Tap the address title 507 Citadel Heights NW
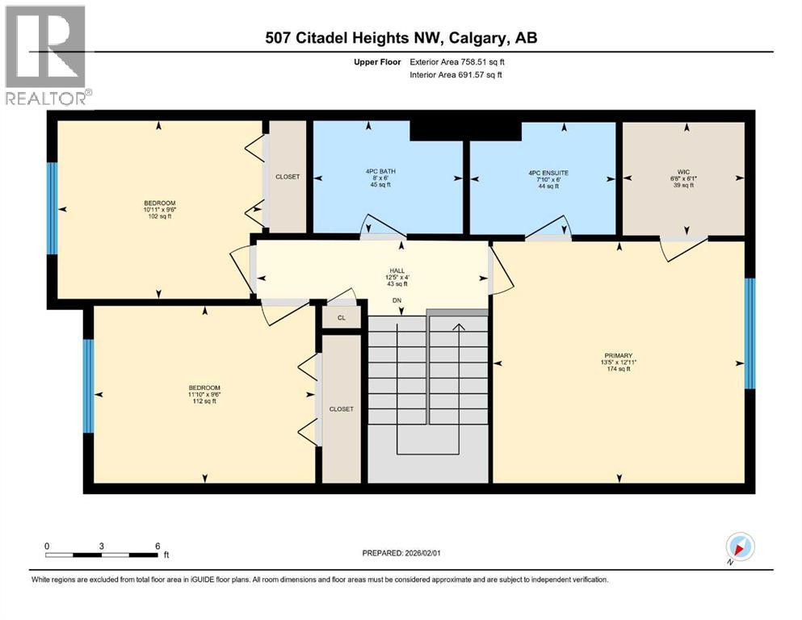pos(401,37)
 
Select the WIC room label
pos(686,171)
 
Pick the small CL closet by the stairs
pos(341,318)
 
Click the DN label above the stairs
pos(397,300)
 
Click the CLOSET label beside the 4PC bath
pos(288,176)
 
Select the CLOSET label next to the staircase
pos(341,409)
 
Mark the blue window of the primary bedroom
pos(749,333)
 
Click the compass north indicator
pos(739,547)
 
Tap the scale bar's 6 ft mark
pos(157,546)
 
